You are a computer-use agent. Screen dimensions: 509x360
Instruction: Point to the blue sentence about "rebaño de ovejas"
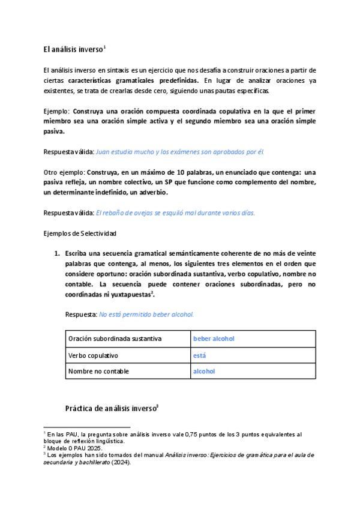pyautogui.click(x=175, y=212)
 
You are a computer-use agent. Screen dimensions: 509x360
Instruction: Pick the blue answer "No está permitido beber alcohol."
pyautogui.click(x=146, y=314)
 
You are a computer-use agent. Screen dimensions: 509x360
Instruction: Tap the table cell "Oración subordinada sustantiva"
pyautogui.click(x=115, y=339)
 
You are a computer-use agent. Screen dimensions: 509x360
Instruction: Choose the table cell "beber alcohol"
pyautogui.click(x=214, y=339)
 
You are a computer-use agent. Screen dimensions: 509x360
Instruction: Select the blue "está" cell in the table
pyautogui.click(x=199, y=355)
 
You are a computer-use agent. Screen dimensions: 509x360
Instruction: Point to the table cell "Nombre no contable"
pyautogui.click(x=98, y=371)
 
